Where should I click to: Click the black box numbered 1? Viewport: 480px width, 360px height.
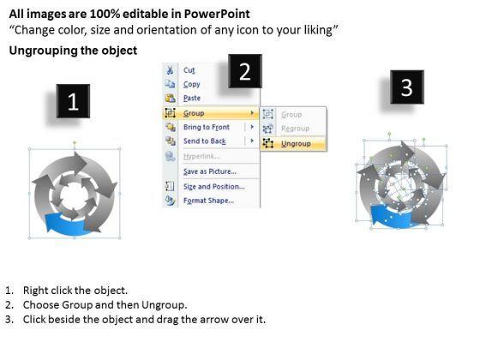[x=73, y=101]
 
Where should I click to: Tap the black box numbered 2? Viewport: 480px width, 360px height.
[x=245, y=71]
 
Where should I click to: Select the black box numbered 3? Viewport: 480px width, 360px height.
[x=407, y=87]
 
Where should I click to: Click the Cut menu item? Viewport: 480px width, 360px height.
[x=189, y=70]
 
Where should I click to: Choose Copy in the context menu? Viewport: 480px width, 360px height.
[x=192, y=84]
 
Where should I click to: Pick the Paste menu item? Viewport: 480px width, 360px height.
[x=192, y=98]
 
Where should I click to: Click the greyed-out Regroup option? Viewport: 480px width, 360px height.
[x=296, y=129]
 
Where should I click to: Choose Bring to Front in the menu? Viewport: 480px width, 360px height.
[x=207, y=127]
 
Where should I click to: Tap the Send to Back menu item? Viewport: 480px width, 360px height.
[x=205, y=141]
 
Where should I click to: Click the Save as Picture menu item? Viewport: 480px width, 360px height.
[x=210, y=171]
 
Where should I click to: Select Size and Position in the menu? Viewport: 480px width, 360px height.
[x=214, y=187]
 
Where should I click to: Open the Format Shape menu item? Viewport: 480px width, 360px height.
[x=209, y=201]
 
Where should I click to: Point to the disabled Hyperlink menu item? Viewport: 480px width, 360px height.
[x=201, y=156]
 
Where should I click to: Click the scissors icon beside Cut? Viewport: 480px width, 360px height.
[x=170, y=70]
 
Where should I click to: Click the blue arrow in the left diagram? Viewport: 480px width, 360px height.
[x=66, y=225]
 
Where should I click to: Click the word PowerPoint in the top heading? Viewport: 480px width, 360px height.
[x=217, y=14]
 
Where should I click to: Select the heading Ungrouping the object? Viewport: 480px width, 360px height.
[x=73, y=51]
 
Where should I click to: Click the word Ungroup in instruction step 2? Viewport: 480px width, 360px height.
[x=163, y=305]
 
